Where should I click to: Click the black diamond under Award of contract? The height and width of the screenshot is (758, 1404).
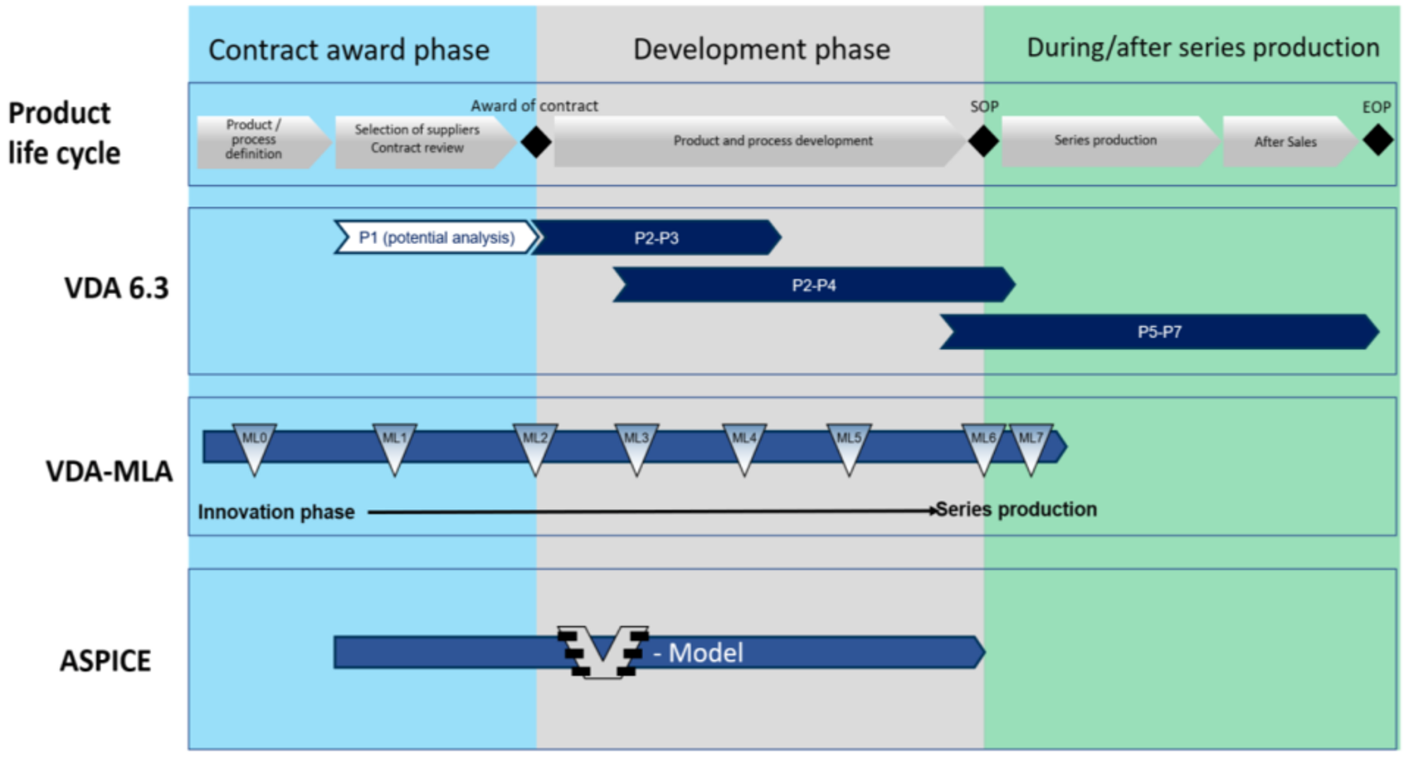536,142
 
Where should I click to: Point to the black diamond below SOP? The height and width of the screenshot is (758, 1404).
983,140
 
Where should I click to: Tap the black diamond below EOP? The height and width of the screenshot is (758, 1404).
1378,139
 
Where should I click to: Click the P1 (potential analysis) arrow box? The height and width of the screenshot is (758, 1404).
436,237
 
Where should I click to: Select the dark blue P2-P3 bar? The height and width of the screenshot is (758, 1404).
656,237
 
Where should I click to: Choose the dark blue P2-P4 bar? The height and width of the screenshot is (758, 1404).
814,286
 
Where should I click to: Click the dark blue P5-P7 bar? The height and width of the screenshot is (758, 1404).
1159,331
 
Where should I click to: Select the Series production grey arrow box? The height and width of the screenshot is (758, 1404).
1110,140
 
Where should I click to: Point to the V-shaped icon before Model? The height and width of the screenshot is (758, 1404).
603,652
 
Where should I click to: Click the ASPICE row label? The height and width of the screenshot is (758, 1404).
105,661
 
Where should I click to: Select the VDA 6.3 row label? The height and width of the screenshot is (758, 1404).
116,288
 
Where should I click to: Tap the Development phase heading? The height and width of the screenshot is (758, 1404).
762,50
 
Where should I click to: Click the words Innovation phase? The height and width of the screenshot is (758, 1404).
276,512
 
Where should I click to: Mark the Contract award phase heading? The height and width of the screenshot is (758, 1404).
349,50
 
